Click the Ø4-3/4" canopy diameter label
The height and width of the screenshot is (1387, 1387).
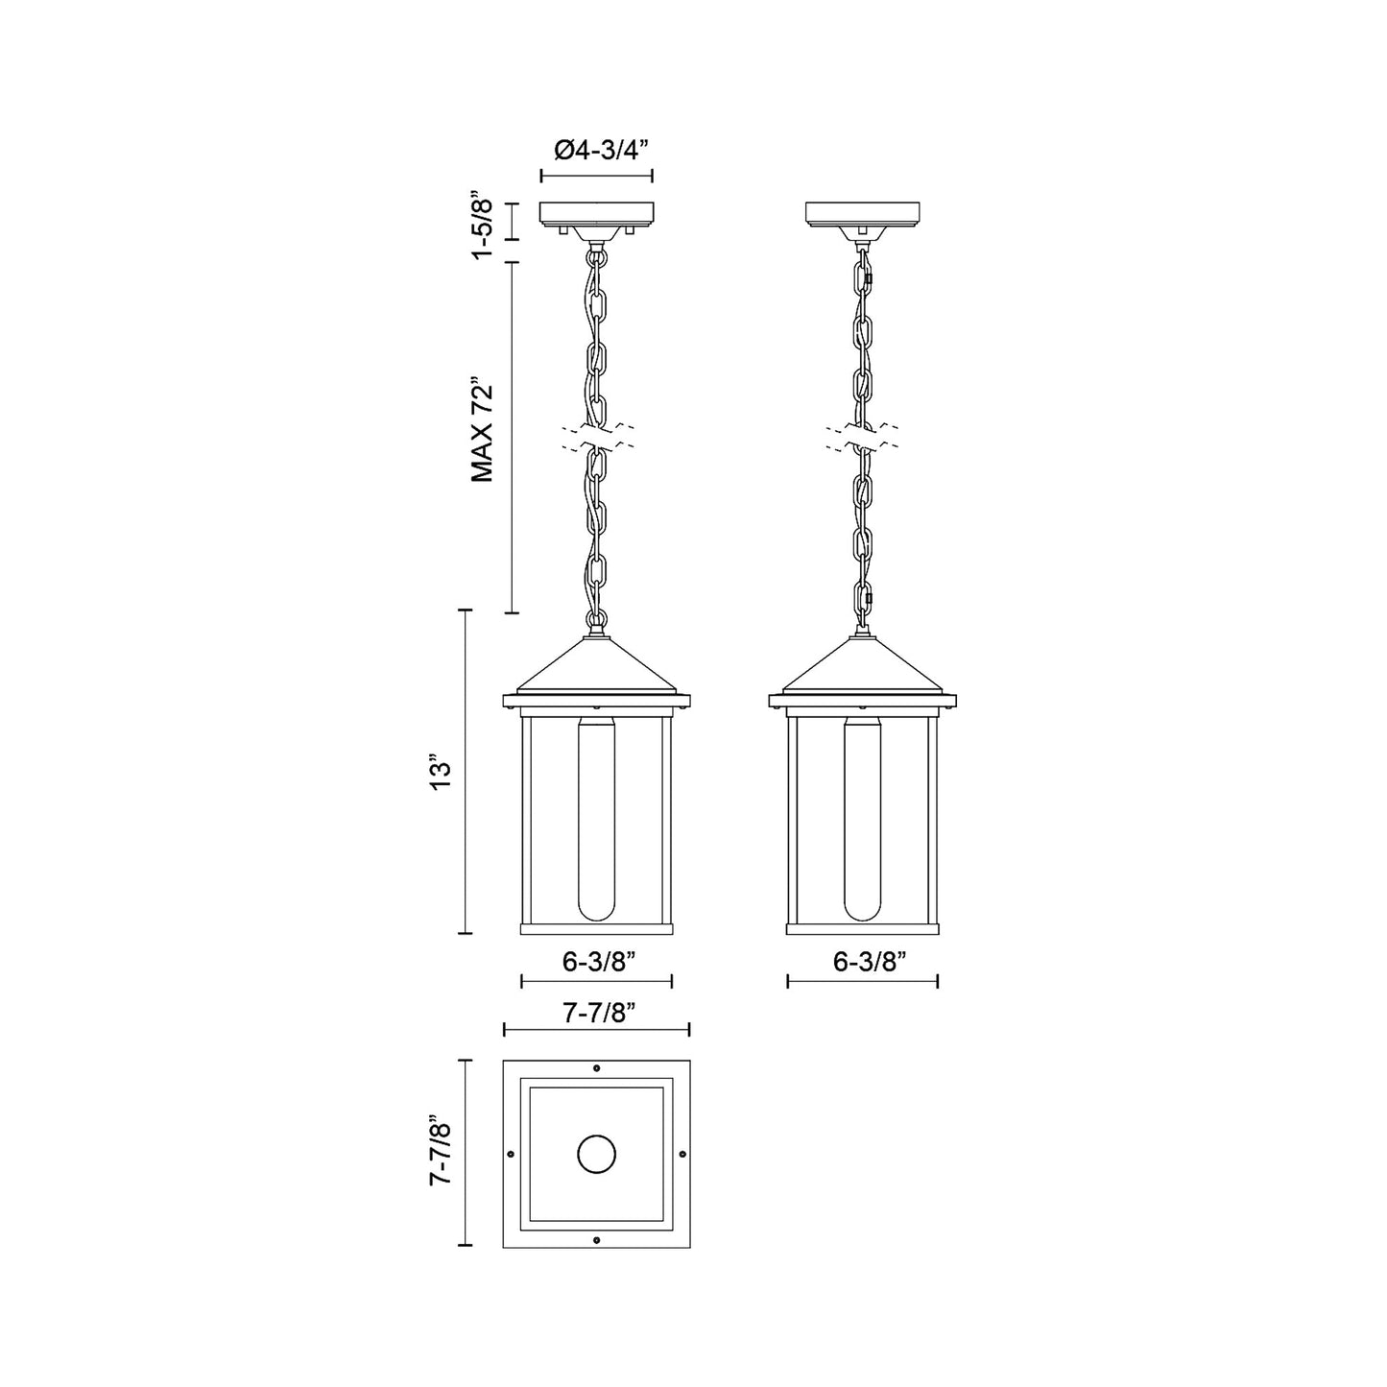[596, 151]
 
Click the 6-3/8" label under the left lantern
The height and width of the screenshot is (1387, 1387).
[596, 963]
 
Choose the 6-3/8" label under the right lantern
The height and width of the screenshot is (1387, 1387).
[862, 963]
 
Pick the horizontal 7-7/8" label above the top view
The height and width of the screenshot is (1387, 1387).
[596, 1012]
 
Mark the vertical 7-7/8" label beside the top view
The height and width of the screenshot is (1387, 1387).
[441, 1152]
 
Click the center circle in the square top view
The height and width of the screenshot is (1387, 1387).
[597, 1153]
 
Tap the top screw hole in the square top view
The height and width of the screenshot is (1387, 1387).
[597, 1068]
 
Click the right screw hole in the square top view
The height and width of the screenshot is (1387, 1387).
[682, 1153]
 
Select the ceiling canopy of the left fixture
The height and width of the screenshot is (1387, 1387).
[597, 213]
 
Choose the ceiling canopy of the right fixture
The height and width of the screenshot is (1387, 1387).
[863, 213]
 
